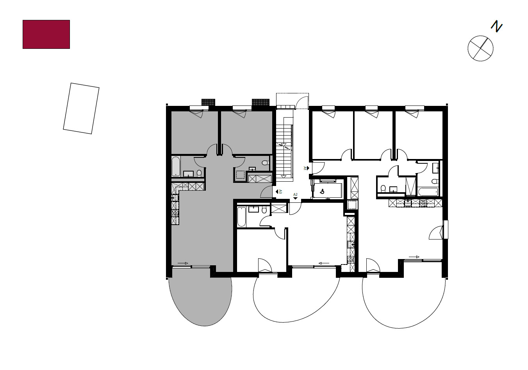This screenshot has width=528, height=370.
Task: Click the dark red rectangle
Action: pyautogui.click(x=46, y=34)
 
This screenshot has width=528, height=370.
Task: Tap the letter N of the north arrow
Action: pyautogui.click(x=496, y=27)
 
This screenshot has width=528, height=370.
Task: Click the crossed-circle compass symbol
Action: pyautogui.click(x=480, y=48)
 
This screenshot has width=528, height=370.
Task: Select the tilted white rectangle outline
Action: pyautogui.click(x=81, y=108)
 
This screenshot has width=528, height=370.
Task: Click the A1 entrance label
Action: pyautogui.click(x=305, y=168)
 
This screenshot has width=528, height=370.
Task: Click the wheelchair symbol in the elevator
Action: pyautogui.click(x=322, y=191)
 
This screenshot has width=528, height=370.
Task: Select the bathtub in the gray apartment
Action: pyautogui.click(x=176, y=166)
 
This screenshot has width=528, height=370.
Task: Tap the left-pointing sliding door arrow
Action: pyautogui.click(x=323, y=263)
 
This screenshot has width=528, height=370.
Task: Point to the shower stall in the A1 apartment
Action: pyautogui.click(x=410, y=186)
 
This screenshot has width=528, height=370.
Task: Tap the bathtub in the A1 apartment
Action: pyautogui.click(x=428, y=191)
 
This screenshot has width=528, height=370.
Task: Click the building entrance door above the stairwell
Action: pyautogui.click(x=302, y=102)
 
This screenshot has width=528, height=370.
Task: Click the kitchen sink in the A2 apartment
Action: pyautogui.click(x=350, y=245)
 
